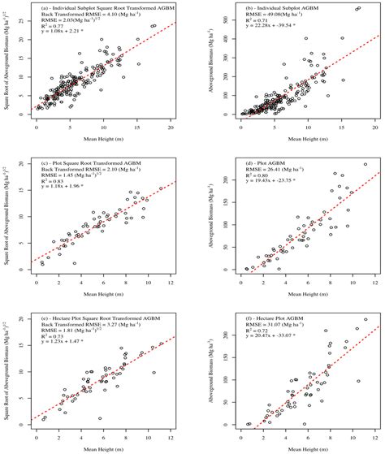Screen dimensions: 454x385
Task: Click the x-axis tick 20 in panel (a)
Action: pos(171,129)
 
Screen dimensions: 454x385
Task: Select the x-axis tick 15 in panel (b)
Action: pos(335,129)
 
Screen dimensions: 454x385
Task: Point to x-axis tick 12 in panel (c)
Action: pos(171,282)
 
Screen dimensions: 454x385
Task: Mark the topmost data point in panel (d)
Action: pos(365,164)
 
